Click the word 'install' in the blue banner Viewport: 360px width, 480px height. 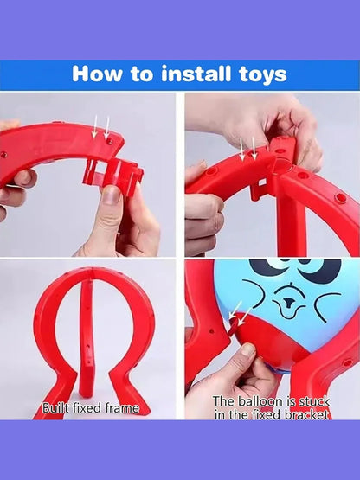[x=196, y=74]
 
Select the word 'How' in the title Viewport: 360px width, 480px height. [x=97, y=74]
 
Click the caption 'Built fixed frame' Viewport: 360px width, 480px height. [x=91, y=408]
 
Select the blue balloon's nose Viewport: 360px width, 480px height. [x=287, y=303]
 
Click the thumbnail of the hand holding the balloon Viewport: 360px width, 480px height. [x=248, y=350]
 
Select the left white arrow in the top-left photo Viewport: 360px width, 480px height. [x=95, y=126]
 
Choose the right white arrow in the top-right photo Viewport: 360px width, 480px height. [x=254, y=148]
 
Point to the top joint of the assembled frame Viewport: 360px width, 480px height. [x=93, y=271]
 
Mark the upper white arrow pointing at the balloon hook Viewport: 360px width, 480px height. [x=235, y=310]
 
